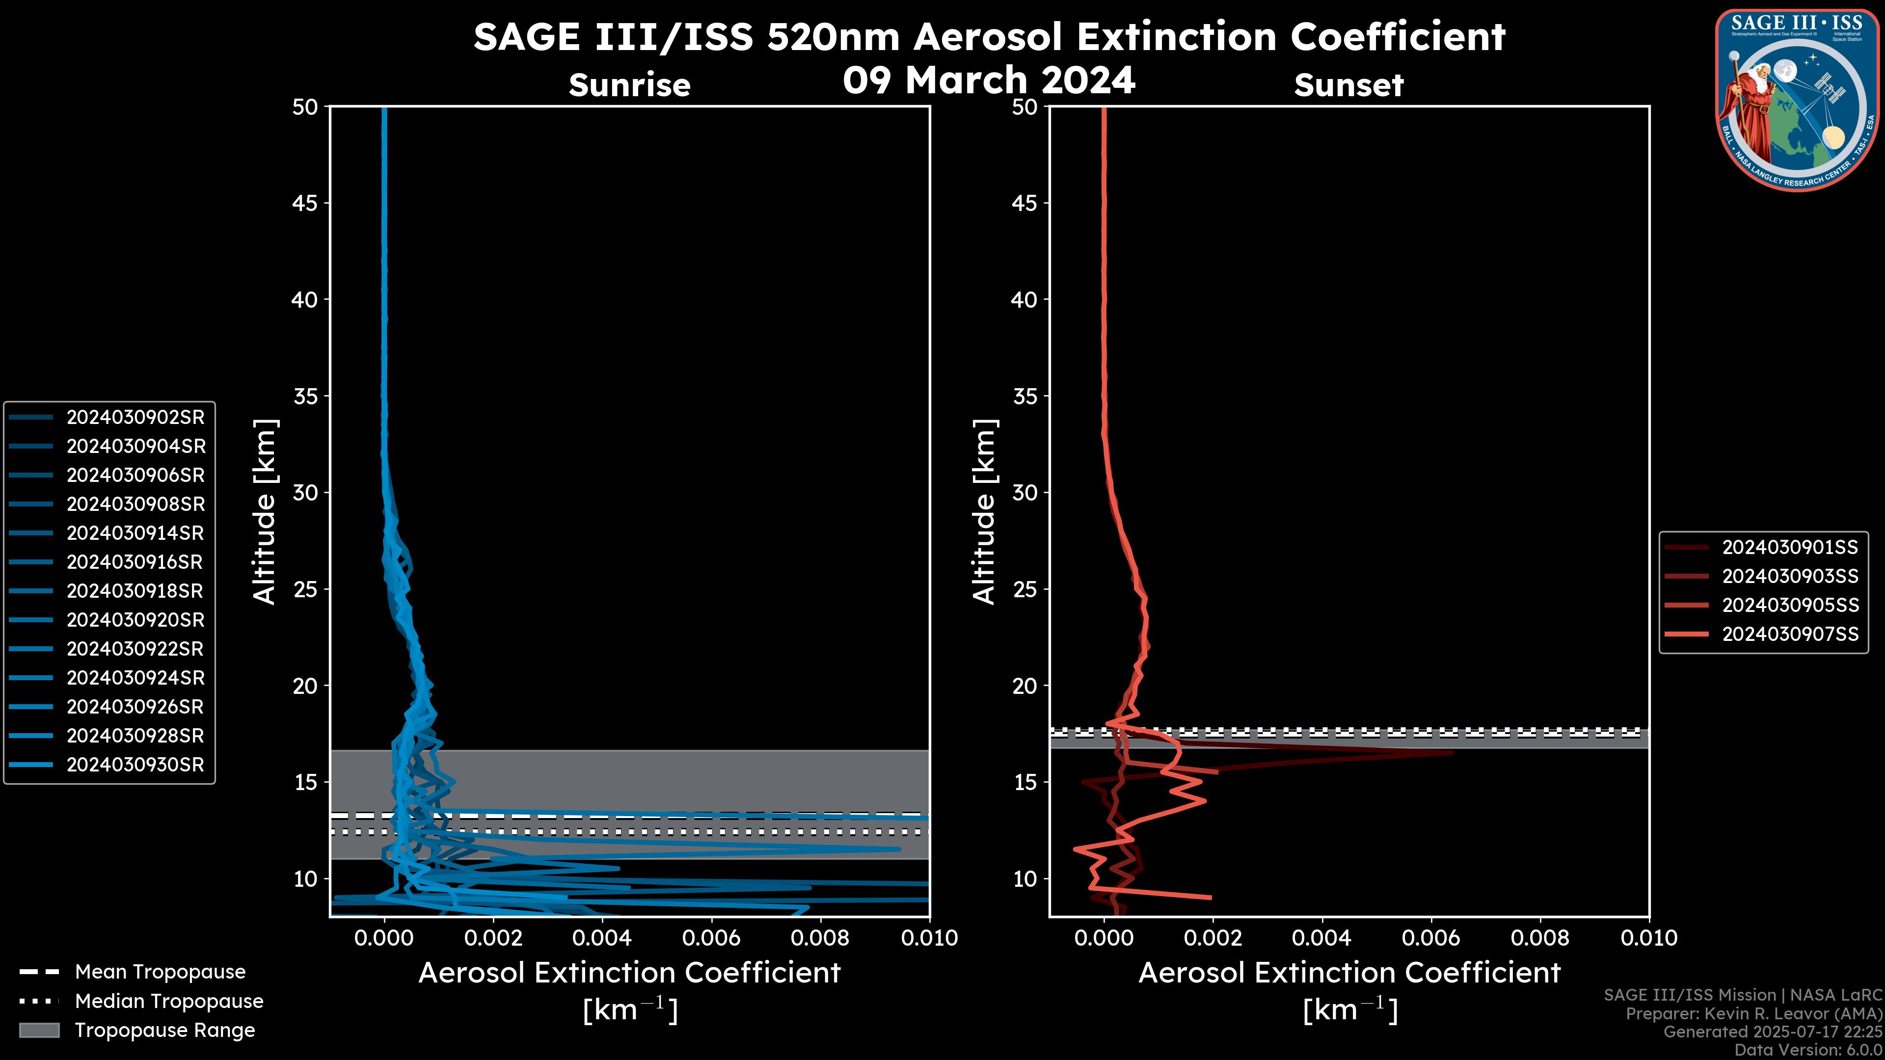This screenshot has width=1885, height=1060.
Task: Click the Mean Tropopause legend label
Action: tap(160, 972)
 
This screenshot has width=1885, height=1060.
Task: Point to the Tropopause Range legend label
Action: tap(164, 1030)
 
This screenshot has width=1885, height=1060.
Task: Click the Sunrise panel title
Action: tap(629, 85)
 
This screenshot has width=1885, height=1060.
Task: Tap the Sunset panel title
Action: tap(1348, 85)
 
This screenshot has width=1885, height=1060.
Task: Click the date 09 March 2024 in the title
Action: tap(989, 79)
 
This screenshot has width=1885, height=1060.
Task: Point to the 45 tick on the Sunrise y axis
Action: tap(305, 203)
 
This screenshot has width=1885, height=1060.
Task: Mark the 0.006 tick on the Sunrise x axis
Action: tap(711, 938)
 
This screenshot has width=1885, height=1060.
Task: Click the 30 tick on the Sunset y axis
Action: tap(1025, 492)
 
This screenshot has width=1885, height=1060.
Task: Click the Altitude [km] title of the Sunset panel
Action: tap(984, 511)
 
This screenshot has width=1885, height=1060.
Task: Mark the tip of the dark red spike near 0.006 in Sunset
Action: tap(1452, 752)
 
